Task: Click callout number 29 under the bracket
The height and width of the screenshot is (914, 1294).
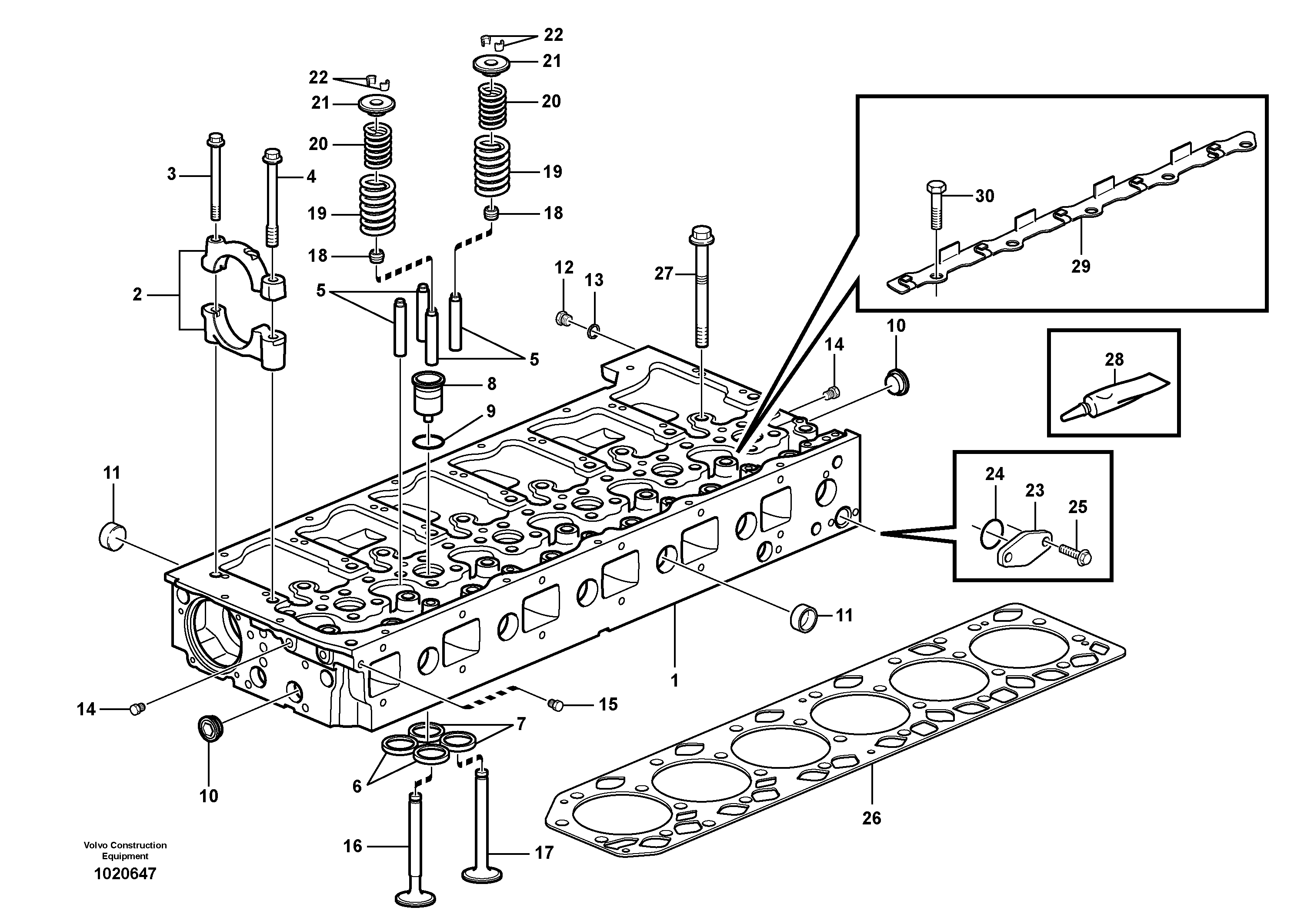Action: pyautogui.click(x=1081, y=267)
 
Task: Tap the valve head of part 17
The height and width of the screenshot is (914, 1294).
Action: pyautogui.click(x=482, y=874)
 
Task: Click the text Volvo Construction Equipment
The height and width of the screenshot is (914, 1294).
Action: pyautogui.click(x=125, y=851)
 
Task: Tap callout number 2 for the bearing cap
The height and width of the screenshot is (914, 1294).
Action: pyautogui.click(x=137, y=295)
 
